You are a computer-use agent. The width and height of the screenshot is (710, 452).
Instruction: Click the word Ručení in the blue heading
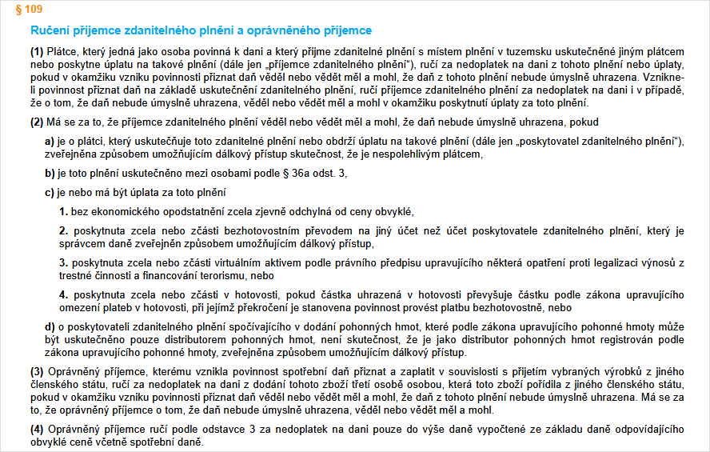click(x=49, y=31)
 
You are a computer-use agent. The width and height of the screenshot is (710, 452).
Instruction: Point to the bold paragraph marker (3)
click(x=38, y=372)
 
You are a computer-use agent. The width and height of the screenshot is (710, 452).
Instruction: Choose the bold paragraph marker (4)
click(x=38, y=428)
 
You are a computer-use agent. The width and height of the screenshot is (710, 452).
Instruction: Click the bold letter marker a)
click(x=50, y=142)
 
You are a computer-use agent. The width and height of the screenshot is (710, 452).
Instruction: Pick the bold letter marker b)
click(x=50, y=173)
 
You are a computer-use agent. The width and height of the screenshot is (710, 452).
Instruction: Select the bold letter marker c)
click(x=50, y=192)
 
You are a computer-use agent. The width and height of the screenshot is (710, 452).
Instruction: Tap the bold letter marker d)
click(x=50, y=327)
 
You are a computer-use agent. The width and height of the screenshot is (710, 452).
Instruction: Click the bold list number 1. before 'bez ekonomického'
click(x=64, y=211)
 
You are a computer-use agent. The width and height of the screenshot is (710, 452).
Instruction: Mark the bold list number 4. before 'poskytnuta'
click(x=64, y=295)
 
